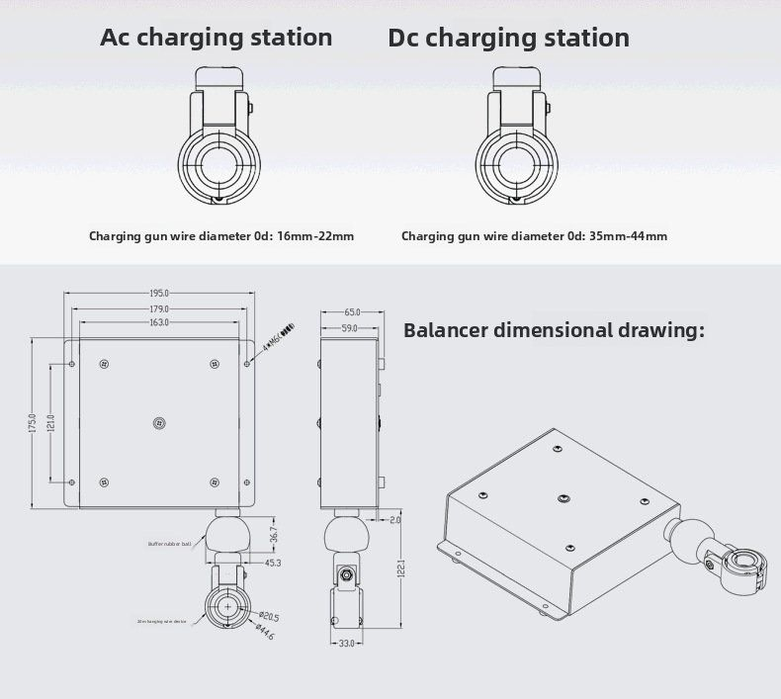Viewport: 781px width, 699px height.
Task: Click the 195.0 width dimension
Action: point(159,294)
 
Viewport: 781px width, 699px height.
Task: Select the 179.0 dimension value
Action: point(159,308)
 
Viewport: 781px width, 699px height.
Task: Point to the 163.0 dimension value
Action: point(159,323)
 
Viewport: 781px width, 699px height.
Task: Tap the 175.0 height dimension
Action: point(32,423)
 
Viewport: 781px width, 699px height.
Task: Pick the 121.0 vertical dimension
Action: point(50,423)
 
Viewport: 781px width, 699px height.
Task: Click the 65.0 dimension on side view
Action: point(352,312)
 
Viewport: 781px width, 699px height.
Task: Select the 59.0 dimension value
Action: point(349,327)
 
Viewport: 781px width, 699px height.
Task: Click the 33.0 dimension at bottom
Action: point(347,644)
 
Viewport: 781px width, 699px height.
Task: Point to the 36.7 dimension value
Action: point(273,534)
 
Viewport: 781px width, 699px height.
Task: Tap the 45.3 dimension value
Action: point(273,563)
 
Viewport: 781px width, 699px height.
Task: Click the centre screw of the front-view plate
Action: point(159,423)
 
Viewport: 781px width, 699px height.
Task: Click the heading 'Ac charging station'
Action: point(217,39)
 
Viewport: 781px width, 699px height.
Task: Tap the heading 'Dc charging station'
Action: point(508,39)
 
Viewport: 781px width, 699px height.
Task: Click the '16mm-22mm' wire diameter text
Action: point(315,236)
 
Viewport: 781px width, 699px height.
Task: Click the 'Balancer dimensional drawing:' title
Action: point(554,330)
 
